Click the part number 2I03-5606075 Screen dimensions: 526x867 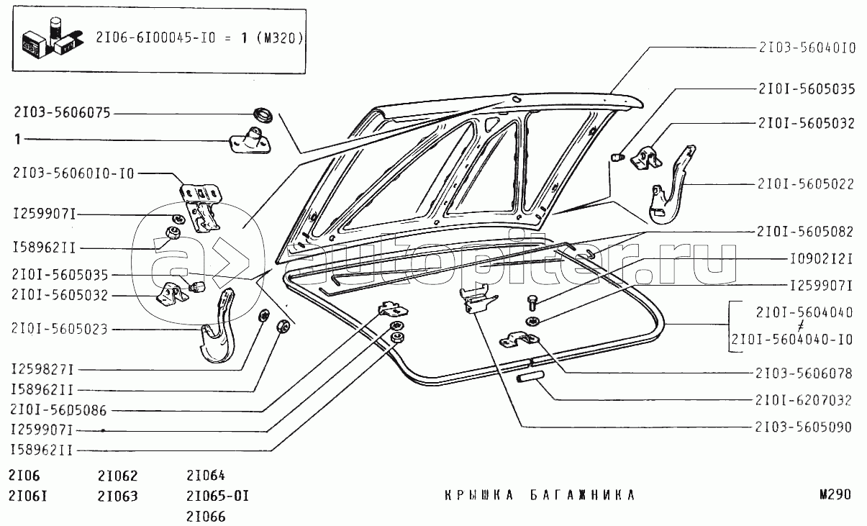pyautogui.click(x=61, y=113)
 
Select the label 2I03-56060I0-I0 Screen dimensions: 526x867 pyautogui.click(x=72, y=173)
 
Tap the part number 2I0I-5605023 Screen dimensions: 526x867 pyautogui.click(x=60, y=330)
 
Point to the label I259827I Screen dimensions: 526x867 pyautogui.click(x=42, y=370)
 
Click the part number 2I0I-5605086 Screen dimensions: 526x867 pyautogui.click(x=60, y=410)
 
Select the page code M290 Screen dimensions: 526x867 pyautogui.click(x=835, y=495)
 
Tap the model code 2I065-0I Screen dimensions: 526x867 pyautogui.click(x=217, y=496)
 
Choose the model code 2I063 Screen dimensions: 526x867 pyautogui.click(x=117, y=496)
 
